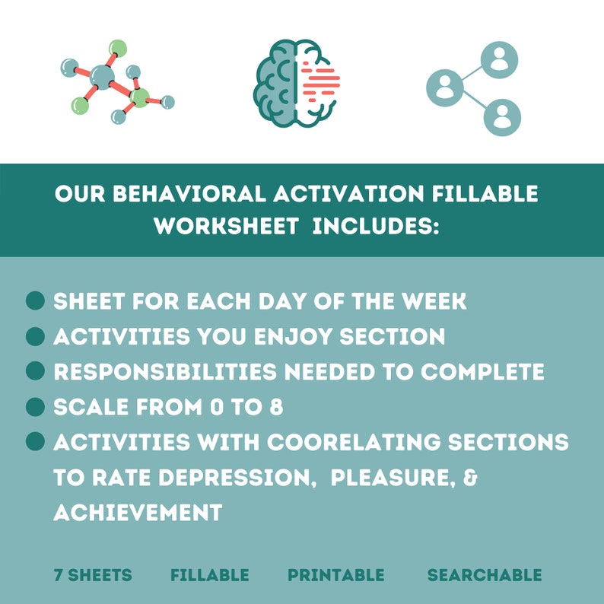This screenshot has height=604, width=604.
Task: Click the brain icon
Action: (x=296, y=83)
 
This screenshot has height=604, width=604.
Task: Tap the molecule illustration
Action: (x=117, y=81)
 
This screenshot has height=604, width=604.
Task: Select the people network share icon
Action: (x=474, y=88)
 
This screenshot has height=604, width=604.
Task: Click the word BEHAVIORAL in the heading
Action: (x=189, y=194)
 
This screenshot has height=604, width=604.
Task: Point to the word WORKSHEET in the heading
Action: (x=227, y=226)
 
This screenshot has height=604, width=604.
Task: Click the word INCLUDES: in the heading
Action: (x=376, y=226)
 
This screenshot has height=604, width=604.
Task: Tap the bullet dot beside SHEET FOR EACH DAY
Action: (x=36, y=300)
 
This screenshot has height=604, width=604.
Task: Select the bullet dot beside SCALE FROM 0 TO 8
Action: (x=36, y=407)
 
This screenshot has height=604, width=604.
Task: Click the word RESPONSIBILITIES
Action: (x=165, y=372)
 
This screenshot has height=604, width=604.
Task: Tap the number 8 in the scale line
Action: (x=276, y=407)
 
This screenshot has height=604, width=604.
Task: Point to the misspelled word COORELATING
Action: (x=354, y=442)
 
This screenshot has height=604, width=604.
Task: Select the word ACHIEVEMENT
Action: (x=138, y=513)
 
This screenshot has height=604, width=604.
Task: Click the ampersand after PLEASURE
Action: (x=470, y=478)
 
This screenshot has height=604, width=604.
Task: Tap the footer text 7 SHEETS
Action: (x=93, y=575)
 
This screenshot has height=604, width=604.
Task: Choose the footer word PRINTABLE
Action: (x=336, y=575)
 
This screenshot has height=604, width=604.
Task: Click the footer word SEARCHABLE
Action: (x=485, y=575)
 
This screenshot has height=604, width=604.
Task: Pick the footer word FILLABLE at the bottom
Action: (x=209, y=575)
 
